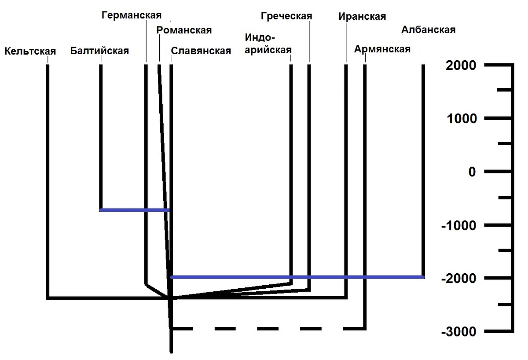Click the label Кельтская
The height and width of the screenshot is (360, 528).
pyautogui.click(x=30, y=51)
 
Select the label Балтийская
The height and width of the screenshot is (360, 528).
pyautogui.click(x=99, y=51)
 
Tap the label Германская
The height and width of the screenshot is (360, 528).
pyautogui.click(x=131, y=15)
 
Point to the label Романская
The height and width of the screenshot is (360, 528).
pyautogui.click(x=184, y=30)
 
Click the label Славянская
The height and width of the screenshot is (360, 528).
pyautogui.click(x=201, y=51)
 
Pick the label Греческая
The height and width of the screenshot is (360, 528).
pyautogui.click(x=286, y=16)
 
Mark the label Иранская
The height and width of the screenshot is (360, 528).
pyautogui.click(x=362, y=17)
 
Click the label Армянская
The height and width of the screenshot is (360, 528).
pyautogui.click(x=382, y=49)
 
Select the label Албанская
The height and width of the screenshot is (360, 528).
pyautogui.click(x=428, y=30)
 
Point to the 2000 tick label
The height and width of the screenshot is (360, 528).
pyautogui.click(x=461, y=66)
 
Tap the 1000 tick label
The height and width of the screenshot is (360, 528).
pyautogui.click(x=461, y=119)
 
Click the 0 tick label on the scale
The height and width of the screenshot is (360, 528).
pyautogui.click(x=472, y=172)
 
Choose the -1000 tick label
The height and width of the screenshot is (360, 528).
pyautogui.click(x=458, y=225)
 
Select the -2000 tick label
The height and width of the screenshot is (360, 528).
pyautogui.click(x=458, y=279)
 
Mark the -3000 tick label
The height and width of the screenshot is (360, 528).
pyautogui.click(x=458, y=331)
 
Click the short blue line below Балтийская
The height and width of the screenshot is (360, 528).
pyautogui.click(x=134, y=210)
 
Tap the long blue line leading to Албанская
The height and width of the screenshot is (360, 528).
pyautogui.click(x=297, y=277)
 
